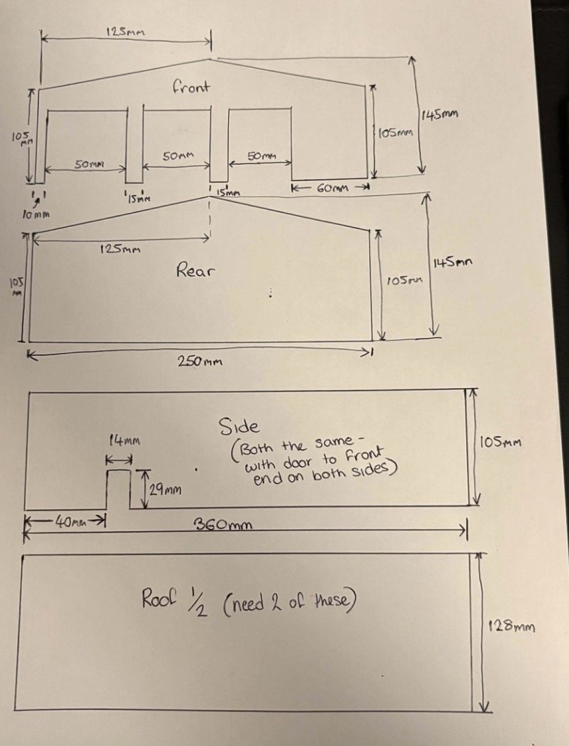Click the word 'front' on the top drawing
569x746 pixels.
tap(191, 87)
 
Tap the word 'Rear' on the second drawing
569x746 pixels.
tap(194, 270)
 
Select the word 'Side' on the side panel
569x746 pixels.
tap(239, 426)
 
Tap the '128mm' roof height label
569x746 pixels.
tap(512, 625)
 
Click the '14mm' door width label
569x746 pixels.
tap(125, 440)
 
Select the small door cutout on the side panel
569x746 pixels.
tap(119, 489)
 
